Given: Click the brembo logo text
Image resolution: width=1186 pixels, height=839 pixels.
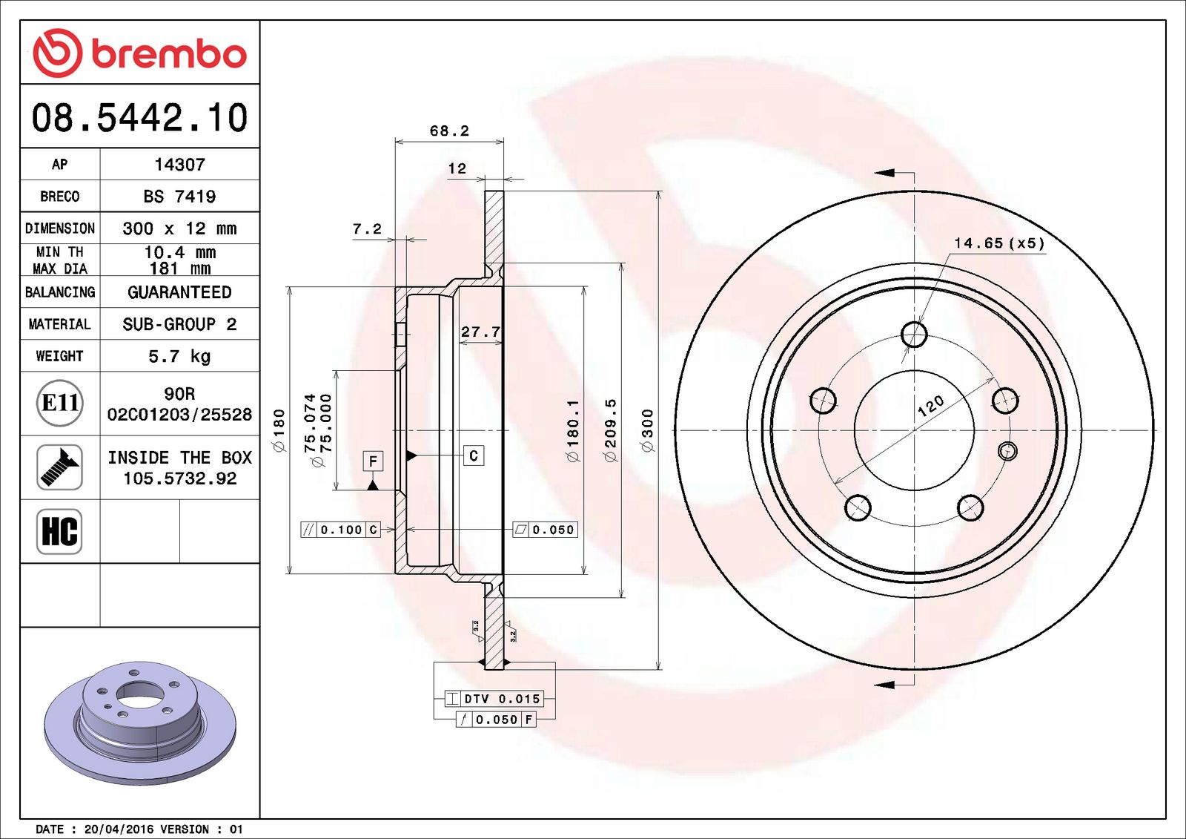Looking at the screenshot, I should click(168, 54).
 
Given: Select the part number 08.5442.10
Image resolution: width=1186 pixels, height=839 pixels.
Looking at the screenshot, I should click(139, 118).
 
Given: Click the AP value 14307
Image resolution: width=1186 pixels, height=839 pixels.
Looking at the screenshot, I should click(179, 165).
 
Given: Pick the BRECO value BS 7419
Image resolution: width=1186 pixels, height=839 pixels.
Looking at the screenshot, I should click(179, 197).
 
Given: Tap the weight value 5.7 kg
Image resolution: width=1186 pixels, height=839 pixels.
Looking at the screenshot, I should click(179, 356).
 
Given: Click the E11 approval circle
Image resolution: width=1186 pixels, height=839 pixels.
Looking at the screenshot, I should click(59, 403).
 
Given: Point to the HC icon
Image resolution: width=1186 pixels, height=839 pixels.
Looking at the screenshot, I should click(59, 531).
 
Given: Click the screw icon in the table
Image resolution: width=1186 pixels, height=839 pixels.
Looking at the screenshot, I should click(59, 467).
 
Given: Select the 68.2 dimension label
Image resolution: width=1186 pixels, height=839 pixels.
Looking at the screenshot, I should click(449, 131).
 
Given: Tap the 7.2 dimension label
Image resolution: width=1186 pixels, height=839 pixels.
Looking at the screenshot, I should click(367, 229).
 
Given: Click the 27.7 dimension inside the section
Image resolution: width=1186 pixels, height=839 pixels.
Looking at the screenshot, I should click(480, 332).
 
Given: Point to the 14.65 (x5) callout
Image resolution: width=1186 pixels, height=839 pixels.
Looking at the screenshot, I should click(998, 243).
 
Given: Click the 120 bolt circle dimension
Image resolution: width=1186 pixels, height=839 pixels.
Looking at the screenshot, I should click(931, 405).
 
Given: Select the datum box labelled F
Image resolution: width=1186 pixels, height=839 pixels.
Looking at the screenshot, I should click(373, 461).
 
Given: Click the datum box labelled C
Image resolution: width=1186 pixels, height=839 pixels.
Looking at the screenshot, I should click(474, 455).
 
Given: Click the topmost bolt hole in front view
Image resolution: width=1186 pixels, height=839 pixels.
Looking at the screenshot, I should click(914, 335).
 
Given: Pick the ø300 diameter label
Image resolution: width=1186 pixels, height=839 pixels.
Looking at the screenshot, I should click(647, 430).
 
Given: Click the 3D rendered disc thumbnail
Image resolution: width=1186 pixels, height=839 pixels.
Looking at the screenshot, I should click(139, 722).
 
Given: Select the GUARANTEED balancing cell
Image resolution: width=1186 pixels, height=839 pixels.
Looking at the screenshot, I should click(179, 292).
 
